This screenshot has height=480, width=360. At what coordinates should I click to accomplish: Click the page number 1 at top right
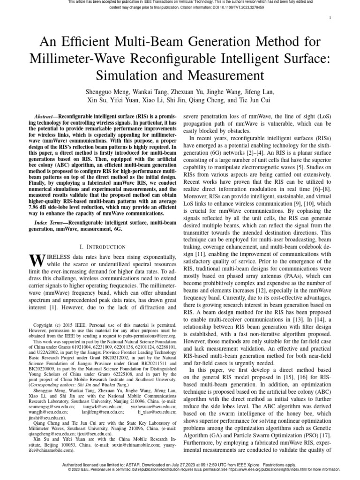point(331,18)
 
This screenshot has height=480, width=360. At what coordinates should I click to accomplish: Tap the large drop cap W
point(37,261)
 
